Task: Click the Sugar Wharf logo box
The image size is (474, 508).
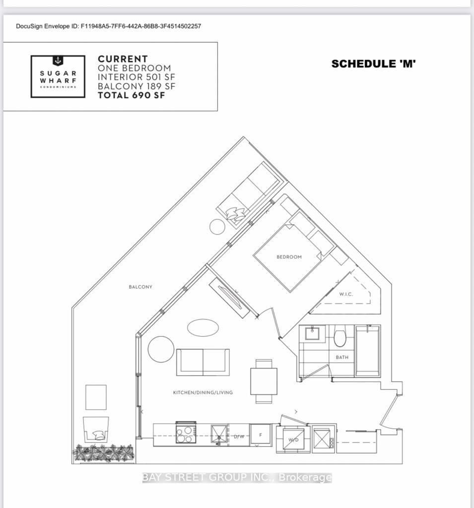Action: click(58, 76)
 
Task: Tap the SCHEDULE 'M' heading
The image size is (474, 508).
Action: click(373, 64)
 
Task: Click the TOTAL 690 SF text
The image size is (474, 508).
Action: click(131, 95)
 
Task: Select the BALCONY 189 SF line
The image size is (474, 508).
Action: click(136, 86)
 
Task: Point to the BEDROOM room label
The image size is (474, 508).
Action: click(289, 257)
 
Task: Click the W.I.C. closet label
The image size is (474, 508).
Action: click(346, 294)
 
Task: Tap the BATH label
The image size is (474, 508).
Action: click(342, 357)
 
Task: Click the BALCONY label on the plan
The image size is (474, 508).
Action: click(140, 287)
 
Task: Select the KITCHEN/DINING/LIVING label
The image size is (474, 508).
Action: click(203, 392)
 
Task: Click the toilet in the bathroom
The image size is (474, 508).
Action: click(340, 337)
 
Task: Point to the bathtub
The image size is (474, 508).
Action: click(368, 351)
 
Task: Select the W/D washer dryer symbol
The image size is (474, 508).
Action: click(293, 439)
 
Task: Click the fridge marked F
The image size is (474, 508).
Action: click(261, 435)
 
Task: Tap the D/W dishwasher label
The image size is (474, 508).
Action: click(239, 437)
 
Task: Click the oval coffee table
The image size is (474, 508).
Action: click(203, 327)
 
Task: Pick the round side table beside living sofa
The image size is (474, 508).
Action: click(161, 349)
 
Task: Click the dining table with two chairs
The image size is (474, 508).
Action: click(264, 381)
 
